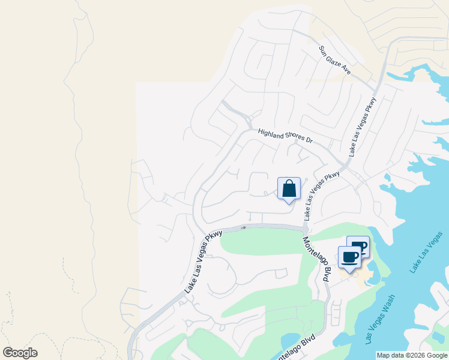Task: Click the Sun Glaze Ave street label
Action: (335, 60)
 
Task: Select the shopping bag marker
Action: (289, 188)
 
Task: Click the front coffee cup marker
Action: (350, 257)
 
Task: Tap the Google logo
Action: (20, 353)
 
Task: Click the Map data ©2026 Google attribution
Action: (412, 355)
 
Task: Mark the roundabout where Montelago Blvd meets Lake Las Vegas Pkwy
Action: (306, 229)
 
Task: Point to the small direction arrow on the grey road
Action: (243, 227)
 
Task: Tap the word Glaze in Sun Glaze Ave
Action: (336, 60)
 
